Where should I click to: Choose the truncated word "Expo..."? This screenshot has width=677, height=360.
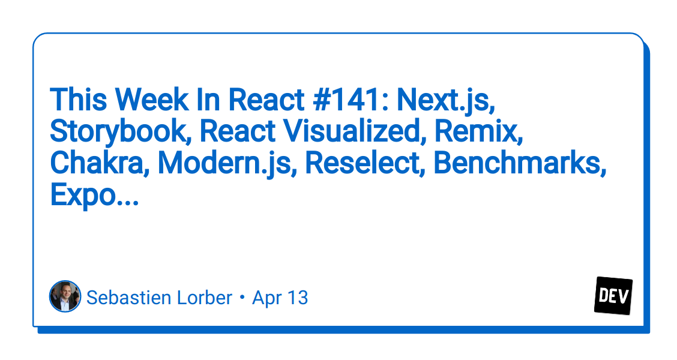tap(94, 196)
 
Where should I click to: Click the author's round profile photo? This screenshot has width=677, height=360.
tap(65, 296)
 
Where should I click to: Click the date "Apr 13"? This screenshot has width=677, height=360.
tap(280, 298)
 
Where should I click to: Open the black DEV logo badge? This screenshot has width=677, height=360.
tap(613, 296)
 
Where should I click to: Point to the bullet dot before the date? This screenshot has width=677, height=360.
tap(242, 298)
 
